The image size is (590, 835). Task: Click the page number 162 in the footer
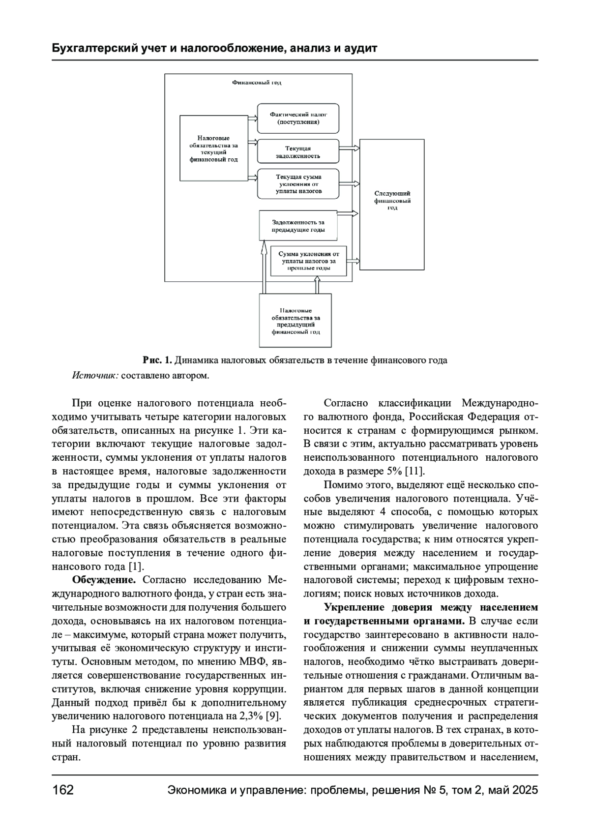[63, 790]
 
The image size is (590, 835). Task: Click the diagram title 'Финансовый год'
[257, 83]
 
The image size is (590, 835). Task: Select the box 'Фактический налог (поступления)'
[298, 118]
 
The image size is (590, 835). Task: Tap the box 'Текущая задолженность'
[298, 152]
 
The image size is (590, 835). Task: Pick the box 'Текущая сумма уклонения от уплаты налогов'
[298, 183]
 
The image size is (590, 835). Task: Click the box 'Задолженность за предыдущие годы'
[298, 226]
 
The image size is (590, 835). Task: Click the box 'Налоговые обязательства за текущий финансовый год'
[213, 149]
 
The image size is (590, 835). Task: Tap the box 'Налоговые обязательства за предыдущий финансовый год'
[295, 321]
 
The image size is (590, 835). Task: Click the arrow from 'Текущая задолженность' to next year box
[350, 147]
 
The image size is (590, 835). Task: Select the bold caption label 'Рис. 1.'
[157, 360]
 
